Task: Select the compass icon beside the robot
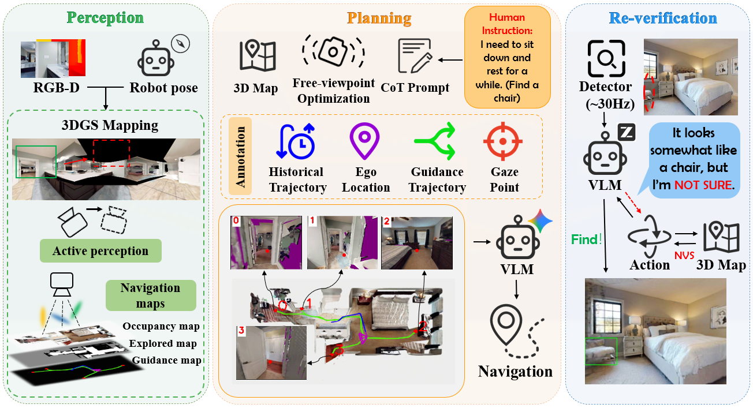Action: (x=181, y=44)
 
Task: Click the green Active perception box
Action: (x=100, y=251)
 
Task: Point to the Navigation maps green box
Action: (x=150, y=295)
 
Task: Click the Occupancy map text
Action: (x=161, y=327)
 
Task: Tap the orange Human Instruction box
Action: (x=507, y=57)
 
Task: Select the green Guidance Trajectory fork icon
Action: (x=438, y=141)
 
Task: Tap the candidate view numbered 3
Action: (x=271, y=353)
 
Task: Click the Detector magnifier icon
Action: (x=606, y=59)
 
